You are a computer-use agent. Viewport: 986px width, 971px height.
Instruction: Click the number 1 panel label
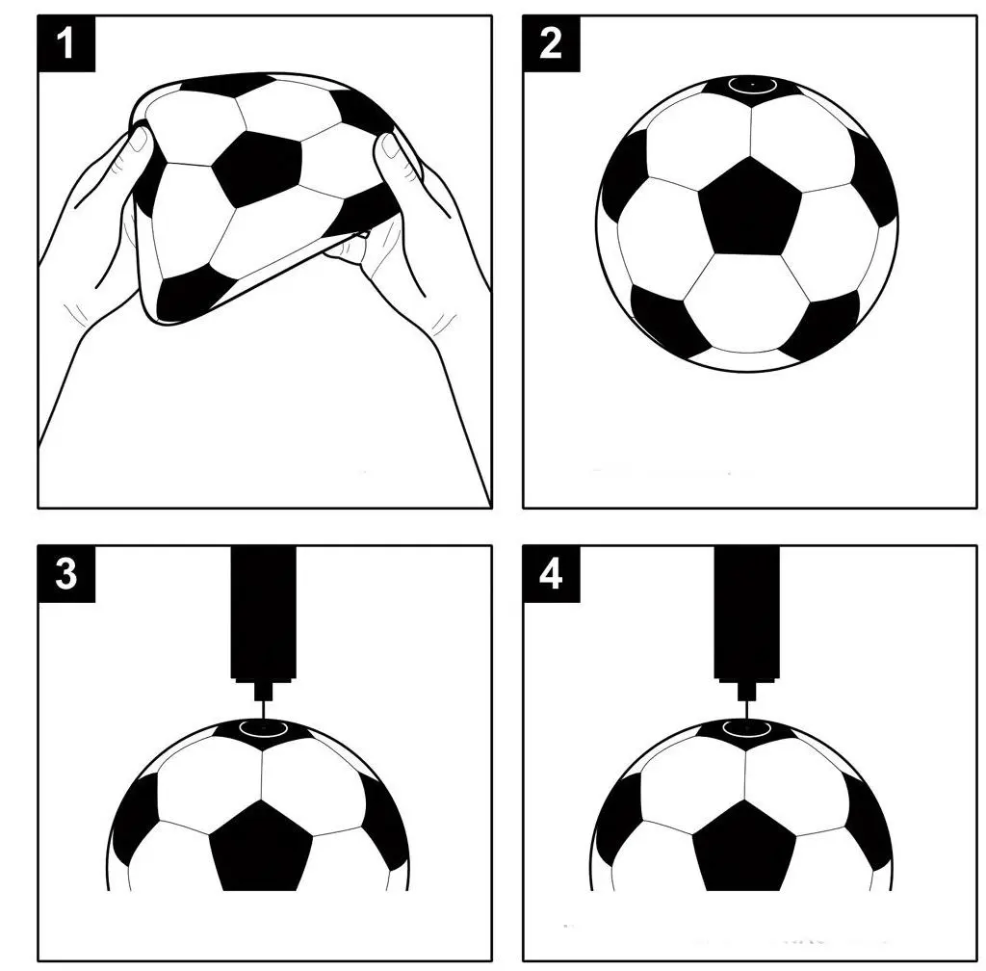click(x=66, y=43)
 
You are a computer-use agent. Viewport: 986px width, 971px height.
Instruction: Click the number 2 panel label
click(x=551, y=43)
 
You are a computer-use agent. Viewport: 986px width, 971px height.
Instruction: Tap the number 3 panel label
click(x=66, y=573)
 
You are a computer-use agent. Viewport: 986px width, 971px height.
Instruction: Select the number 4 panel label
click(x=551, y=573)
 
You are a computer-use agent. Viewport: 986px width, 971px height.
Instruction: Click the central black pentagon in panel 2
click(x=749, y=207)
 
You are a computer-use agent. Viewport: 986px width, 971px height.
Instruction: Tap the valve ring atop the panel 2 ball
click(x=752, y=84)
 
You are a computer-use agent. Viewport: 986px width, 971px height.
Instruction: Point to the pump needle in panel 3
click(x=264, y=709)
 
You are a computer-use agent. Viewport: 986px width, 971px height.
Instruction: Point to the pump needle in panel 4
click(x=747, y=709)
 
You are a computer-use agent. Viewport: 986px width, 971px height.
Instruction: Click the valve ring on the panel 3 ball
click(x=264, y=728)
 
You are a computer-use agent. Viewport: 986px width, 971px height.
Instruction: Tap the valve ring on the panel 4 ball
click(x=747, y=728)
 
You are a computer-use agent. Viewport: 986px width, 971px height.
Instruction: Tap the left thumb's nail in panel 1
click(x=139, y=140)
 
